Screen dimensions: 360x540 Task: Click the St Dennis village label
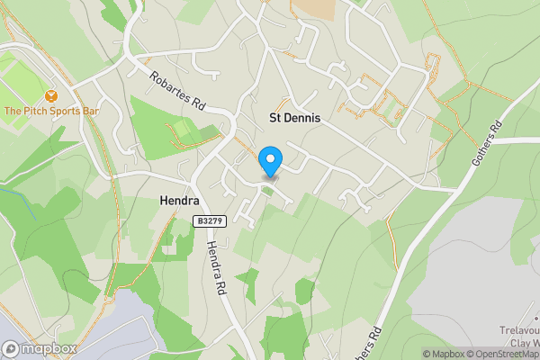pyautogui.click(x=294, y=118)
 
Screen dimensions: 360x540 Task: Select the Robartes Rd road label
pyautogui.click(x=177, y=92)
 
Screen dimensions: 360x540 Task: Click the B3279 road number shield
pyautogui.click(x=209, y=220)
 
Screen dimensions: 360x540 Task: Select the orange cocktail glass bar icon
pyautogui.click(x=50, y=94)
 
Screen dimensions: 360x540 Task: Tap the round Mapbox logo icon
pyautogui.click(x=11, y=349)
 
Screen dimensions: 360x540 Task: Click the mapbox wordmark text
pyautogui.click(x=49, y=349)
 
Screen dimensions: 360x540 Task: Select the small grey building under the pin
pyautogui.click(x=270, y=179)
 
